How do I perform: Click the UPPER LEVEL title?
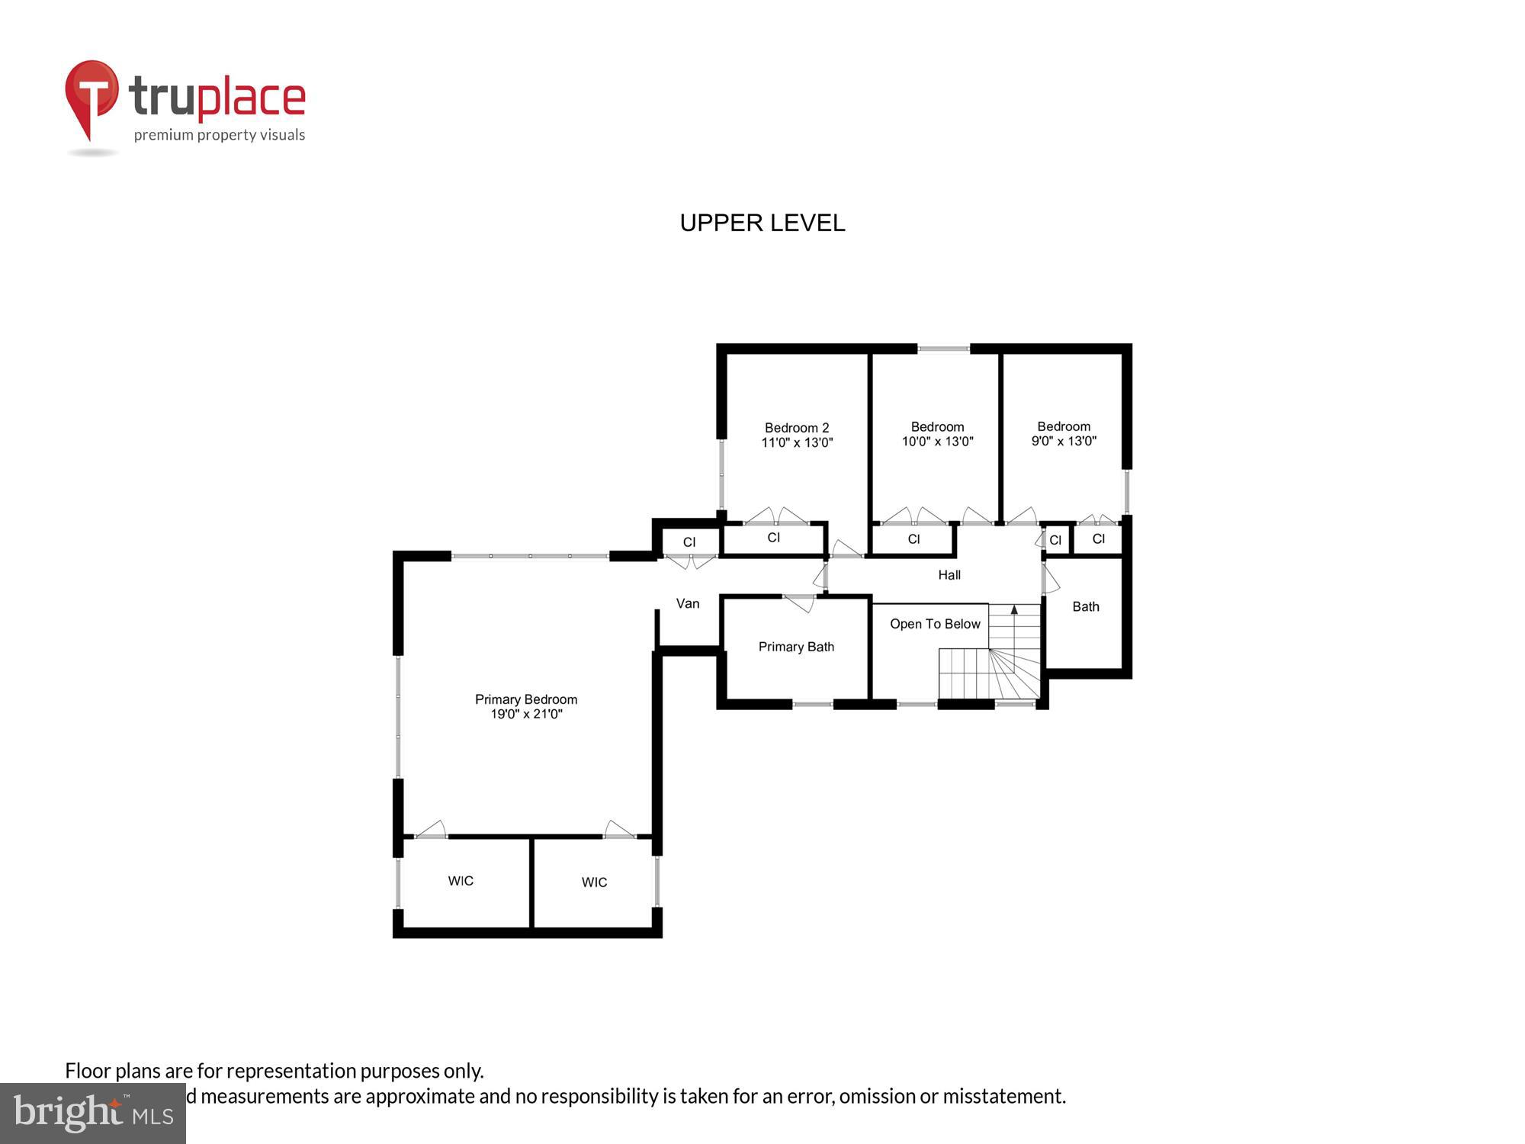[762, 223]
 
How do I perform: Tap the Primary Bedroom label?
[525, 699]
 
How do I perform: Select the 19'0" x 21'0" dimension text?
[525, 715]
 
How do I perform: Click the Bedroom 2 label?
[797, 428]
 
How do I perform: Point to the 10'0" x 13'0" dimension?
[937, 442]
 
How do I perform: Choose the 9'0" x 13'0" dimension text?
[1064, 441]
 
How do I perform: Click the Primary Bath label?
[796, 647]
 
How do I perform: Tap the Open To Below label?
[935, 624]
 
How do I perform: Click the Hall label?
[949, 575]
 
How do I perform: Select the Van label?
[687, 603]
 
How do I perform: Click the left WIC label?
[461, 881]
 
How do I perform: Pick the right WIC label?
[594, 882]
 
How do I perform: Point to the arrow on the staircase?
[1014, 609]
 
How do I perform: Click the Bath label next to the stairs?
[1086, 606]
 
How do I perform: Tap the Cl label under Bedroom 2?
[774, 538]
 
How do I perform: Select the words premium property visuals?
[220, 136]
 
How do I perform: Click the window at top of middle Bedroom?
[943, 349]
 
